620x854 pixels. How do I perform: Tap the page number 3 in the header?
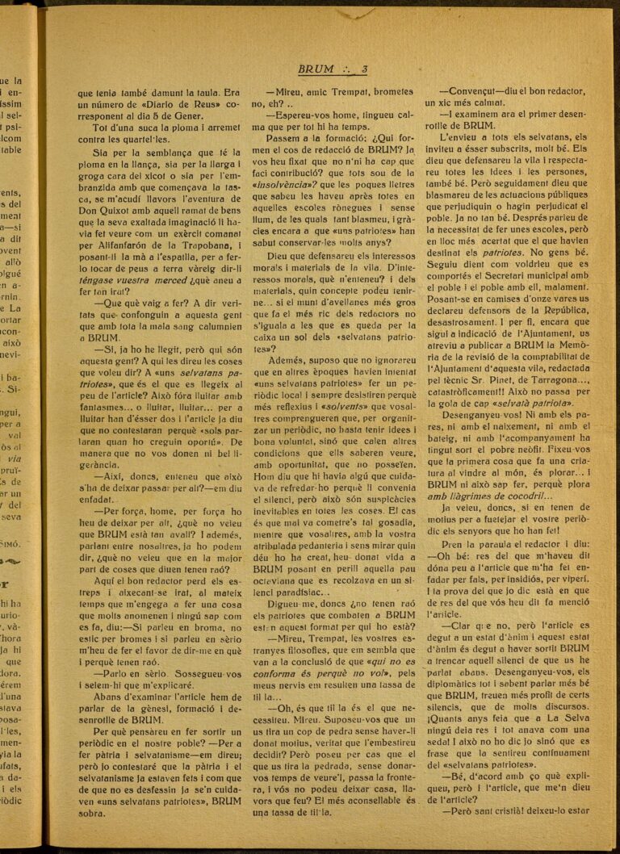(x=364, y=69)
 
